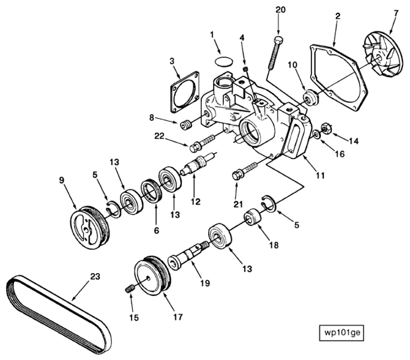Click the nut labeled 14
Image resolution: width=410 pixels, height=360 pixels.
coord(326,128)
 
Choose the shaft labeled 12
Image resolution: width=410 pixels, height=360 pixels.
coord(199,164)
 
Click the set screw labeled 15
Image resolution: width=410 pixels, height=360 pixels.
coord(129,290)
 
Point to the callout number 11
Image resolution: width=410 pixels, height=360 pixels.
coord(320,175)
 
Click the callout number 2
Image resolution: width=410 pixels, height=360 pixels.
coord(337,17)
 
